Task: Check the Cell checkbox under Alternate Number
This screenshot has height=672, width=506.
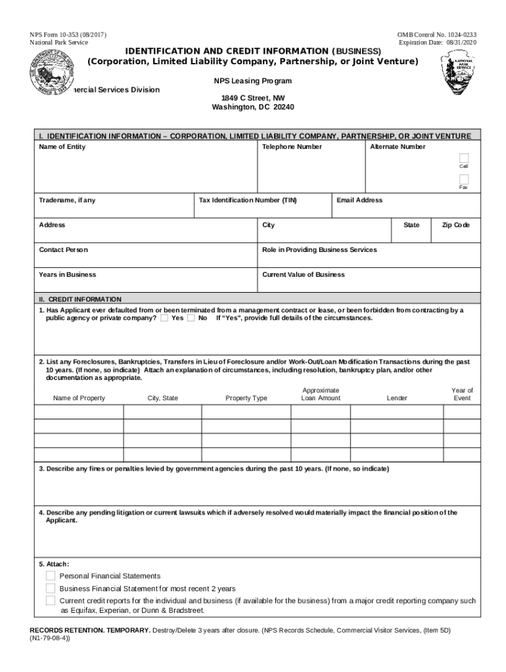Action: pos(464,158)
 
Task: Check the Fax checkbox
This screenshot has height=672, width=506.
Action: pos(464,179)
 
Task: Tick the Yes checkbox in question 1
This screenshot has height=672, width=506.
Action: pos(164,318)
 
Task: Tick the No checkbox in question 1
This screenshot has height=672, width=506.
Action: pos(191,318)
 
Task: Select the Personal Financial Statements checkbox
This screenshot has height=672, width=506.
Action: pos(51,576)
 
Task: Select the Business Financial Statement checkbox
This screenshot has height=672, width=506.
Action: pos(51,588)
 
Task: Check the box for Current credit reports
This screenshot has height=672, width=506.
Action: pos(51,600)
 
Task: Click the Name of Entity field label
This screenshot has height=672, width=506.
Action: pos(62,147)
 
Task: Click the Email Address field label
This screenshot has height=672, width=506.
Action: pos(359,200)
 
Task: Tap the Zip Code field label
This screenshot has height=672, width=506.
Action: pos(455,225)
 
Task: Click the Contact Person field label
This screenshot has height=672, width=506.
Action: pos(63,250)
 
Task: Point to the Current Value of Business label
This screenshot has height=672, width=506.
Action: pos(303,275)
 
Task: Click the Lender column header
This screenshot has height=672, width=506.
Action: pos(397,398)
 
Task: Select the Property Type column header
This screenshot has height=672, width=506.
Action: pos(246,398)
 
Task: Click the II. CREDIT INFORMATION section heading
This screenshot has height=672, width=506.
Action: pos(80,299)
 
